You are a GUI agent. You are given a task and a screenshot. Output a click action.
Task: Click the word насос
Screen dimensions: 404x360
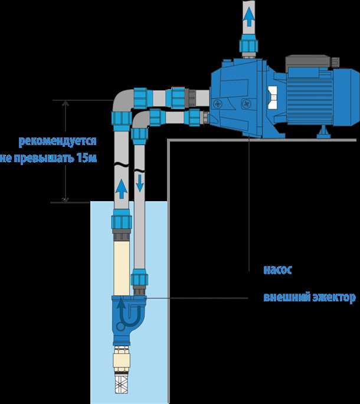[x=277, y=271]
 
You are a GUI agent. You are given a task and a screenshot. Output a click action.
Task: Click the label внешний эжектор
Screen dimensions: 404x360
[x=309, y=298]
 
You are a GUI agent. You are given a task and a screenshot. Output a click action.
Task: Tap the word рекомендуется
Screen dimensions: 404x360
[x=57, y=142]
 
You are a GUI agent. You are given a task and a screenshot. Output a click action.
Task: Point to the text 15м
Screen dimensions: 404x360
[x=86, y=159]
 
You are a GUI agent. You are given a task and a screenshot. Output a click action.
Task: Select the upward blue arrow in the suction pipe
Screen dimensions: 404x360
[x=121, y=188]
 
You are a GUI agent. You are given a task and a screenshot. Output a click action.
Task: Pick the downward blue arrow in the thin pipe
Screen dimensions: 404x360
[x=140, y=182]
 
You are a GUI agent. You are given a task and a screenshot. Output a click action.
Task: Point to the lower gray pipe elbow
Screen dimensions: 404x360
[x=140, y=120]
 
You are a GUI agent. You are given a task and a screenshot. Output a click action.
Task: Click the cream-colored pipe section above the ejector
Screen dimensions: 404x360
[x=121, y=265]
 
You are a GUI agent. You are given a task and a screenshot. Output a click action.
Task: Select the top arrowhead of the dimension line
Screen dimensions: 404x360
[x=65, y=103]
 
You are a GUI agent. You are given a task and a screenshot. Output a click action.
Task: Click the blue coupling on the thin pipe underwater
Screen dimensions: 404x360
[x=139, y=278]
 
